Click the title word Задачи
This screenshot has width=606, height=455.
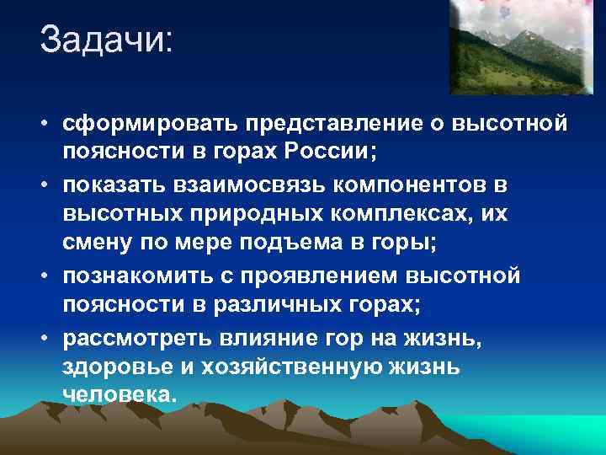(104, 40)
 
